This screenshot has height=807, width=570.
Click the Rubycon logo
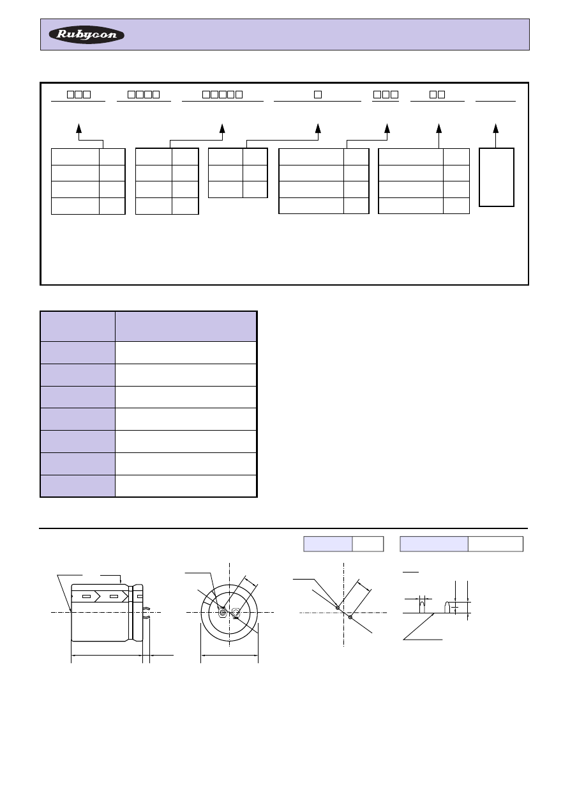[x=86, y=35]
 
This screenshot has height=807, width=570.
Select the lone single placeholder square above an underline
[x=318, y=95]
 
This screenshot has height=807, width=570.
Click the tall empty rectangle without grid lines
[x=496, y=177]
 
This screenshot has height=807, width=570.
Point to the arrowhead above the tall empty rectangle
[x=495, y=128]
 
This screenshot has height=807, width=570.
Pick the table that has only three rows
[x=238, y=173]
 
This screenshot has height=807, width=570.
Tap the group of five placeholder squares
[x=222, y=95]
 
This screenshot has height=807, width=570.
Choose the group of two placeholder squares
[x=437, y=95]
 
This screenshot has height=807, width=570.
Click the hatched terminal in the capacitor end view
[x=222, y=612]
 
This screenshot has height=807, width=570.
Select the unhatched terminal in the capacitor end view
[x=236, y=613]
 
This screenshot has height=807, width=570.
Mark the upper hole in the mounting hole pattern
[x=338, y=608]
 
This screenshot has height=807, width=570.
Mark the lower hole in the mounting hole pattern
[x=350, y=617]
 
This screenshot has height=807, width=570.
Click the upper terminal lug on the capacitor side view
[x=146, y=608]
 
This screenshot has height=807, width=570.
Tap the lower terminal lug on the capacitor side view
[x=146, y=617]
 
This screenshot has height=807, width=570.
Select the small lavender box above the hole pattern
[x=328, y=544]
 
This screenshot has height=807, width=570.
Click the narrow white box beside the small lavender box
[x=368, y=544]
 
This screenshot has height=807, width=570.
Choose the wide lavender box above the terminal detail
[x=434, y=544]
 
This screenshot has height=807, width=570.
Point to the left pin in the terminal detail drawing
[x=422, y=607]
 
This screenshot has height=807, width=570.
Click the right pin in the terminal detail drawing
[x=447, y=607]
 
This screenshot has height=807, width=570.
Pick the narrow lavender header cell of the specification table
[x=78, y=327]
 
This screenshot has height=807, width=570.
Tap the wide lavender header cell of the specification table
[x=186, y=327]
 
